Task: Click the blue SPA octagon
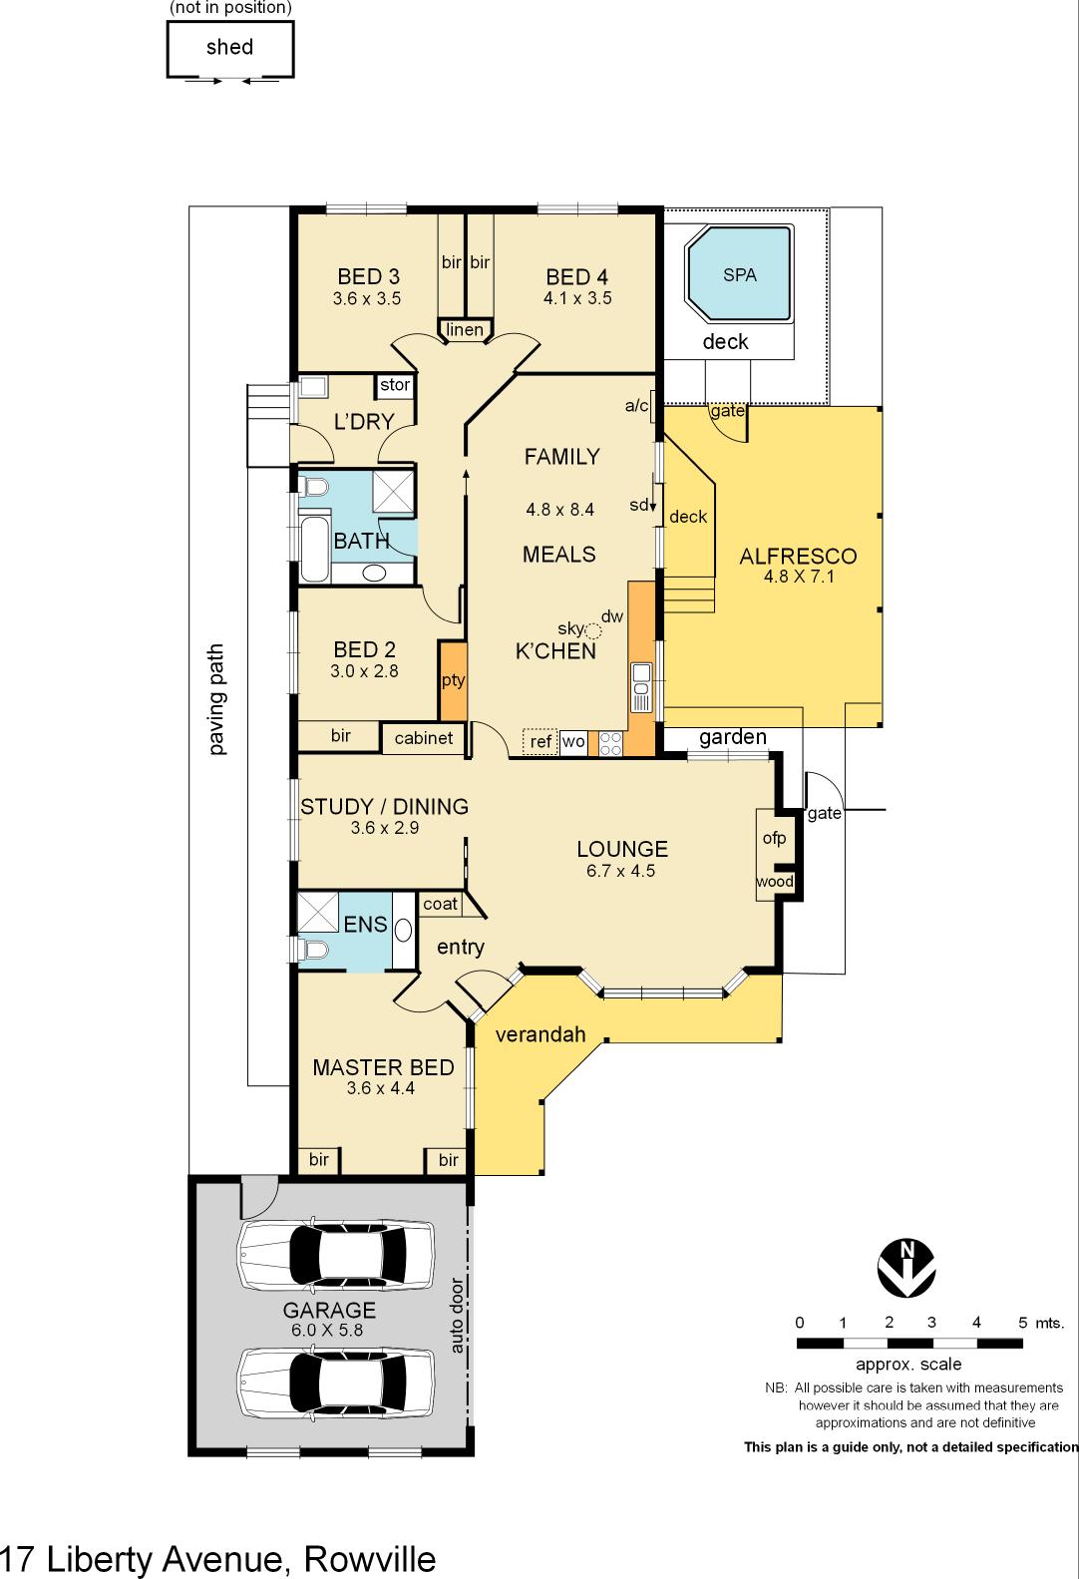[x=739, y=274]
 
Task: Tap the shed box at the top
[x=229, y=48]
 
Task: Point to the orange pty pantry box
[x=453, y=681]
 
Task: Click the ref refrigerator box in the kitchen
[x=540, y=742]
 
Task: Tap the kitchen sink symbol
[x=641, y=688]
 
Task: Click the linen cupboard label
[x=465, y=330]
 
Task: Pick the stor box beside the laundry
[x=395, y=385]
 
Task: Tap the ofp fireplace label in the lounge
[x=774, y=838]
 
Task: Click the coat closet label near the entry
[x=440, y=904]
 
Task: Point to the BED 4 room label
[x=576, y=277]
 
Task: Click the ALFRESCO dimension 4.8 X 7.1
[x=798, y=576]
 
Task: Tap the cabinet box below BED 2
[x=423, y=738]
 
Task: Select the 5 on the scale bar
[x=1022, y=1323]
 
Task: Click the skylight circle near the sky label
[x=593, y=630]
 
